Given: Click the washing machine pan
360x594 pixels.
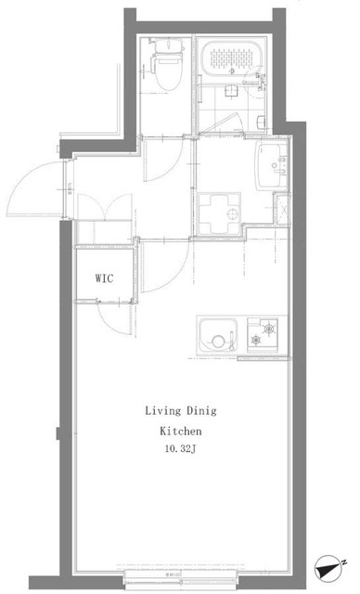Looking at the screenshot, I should pos(220,214).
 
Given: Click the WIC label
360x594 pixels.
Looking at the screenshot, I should pos(104,278).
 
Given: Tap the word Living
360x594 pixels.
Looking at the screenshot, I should pos(162,410).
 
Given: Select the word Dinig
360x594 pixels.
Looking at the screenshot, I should pos(205,410).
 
